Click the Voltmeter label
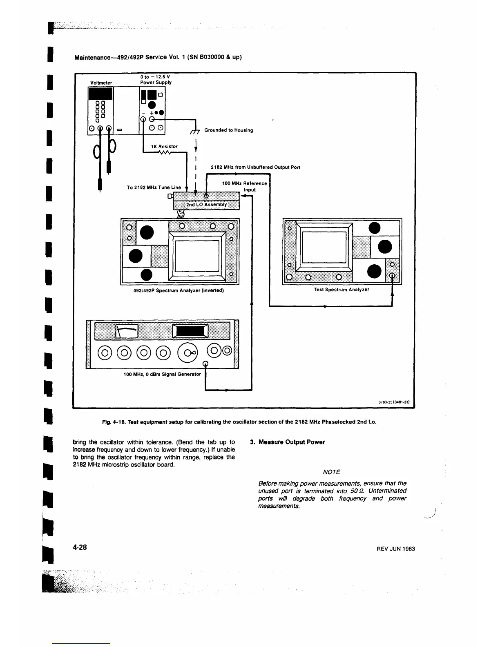(100, 83)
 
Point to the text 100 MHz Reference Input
(244, 187)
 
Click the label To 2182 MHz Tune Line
(154, 187)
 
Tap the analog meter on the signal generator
(126, 331)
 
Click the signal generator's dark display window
(190, 331)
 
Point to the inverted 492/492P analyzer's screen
(197, 256)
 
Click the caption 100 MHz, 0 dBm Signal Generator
(162, 374)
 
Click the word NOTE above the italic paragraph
(331, 472)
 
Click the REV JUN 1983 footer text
(395, 549)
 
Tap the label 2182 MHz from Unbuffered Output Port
(255, 167)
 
